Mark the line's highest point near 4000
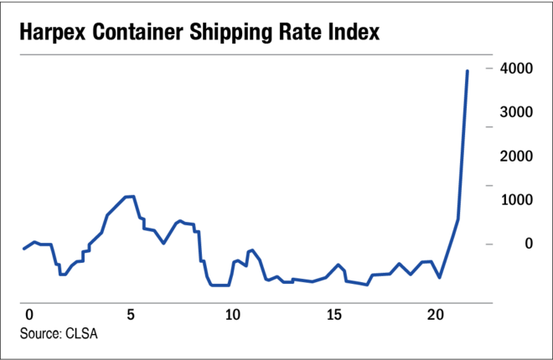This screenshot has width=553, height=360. point(467,71)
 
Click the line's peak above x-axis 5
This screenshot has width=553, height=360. point(130,196)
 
